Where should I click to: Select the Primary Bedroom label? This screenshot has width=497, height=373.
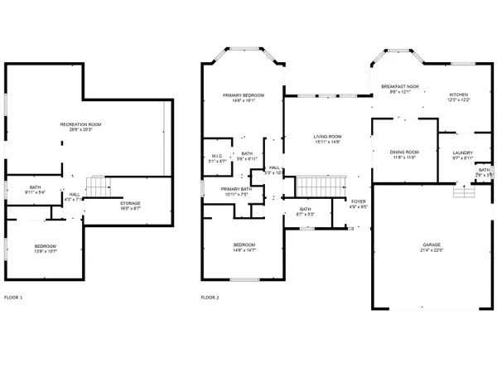(x=243, y=95)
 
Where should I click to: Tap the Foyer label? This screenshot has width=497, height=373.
(x=358, y=201)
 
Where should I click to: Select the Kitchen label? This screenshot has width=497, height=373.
(x=459, y=95)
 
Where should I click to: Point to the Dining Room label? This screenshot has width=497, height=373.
(x=404, y=153)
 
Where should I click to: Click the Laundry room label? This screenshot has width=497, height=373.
(x=462, y=153)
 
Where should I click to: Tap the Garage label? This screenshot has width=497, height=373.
(x=422, y=246)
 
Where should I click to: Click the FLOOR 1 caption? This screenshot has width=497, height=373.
(x=13, y=297)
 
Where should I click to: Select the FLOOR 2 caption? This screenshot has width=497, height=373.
(x=210, y=297)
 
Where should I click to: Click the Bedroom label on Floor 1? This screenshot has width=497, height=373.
(x=46, y=246)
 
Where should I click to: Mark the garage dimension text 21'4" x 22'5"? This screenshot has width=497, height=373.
(x=422, y=251)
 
